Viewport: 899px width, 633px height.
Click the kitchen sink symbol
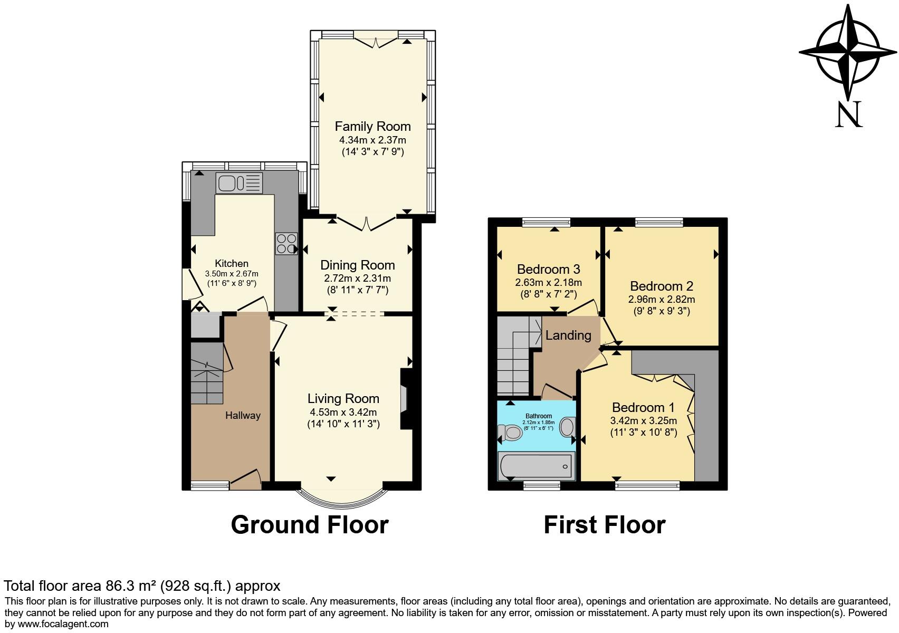pyautogui.click(x=239, y=183)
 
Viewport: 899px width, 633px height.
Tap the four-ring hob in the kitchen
pyautogui.click(x=286, y=244)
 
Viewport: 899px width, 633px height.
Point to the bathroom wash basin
pyautogui.click(x=567, y=427)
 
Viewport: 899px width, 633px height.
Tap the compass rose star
pyautogui.click(x=847, y=52)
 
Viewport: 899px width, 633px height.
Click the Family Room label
pyautogui.click(x=372, y=127)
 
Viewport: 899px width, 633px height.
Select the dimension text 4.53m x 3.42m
pyautogui.click(x=343, y=412)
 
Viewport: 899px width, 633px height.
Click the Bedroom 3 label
pyautogui.click(x=548, y=269)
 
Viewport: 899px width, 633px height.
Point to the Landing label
pyautogui.click(x=568, y=335)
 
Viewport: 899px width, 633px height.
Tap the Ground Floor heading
pyautogui.click(x=310, y=525)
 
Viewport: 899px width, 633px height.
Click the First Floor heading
pyautogui.click(x=604, y=525)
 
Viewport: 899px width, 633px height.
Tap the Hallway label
pyautogui.click(x=243, y=416)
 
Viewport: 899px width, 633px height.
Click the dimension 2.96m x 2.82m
pyautogui.click(x=661, y=299)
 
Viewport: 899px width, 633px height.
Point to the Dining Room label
pyautogui.click(x=357, y=265)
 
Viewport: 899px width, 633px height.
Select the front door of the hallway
pyautogui.click(x=246, y=478)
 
